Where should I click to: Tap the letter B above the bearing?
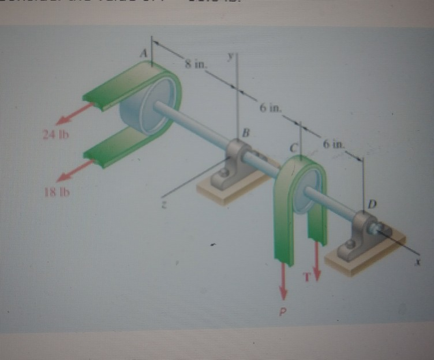[x=245, y=133]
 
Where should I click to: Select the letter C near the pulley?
[x=294, y=149]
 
